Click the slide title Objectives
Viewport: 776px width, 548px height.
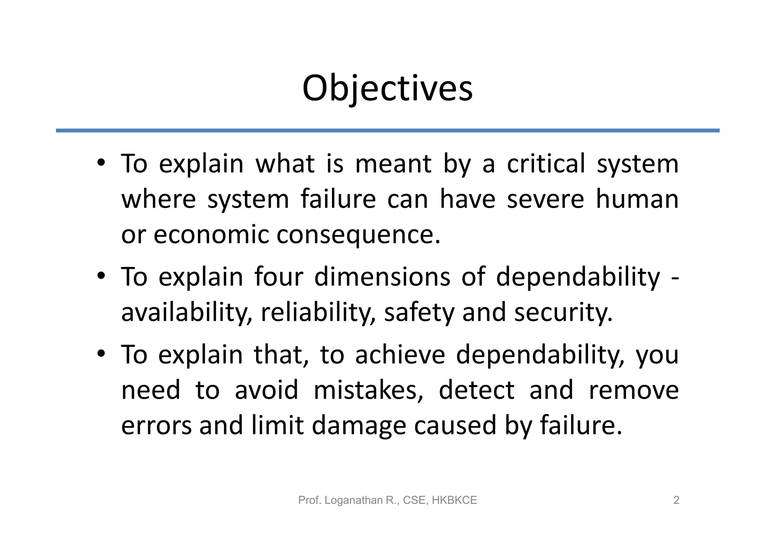(x=387, y=88)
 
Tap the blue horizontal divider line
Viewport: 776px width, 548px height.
(x=387, y=131)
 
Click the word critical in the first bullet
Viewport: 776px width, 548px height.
(x=546, y=164)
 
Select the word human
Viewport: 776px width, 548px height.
(x=637, y=199)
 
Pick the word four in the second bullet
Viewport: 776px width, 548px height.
(x=278, y=276)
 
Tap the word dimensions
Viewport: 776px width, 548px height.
(x=382, y=276)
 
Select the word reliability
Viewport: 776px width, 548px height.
(x=318, y=312)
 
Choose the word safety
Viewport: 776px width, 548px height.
(x=419, y=312)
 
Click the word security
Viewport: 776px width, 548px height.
(x=563, y=312)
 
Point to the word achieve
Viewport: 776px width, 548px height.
(x=400, y=355)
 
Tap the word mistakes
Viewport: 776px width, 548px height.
(x=368, y=390)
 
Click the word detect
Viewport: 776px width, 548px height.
(x=476, y=390)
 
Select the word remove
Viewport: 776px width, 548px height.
(x=634, y=390)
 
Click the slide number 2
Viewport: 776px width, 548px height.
(x=676, y=500)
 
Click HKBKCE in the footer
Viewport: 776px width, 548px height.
(x=454, y=500)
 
